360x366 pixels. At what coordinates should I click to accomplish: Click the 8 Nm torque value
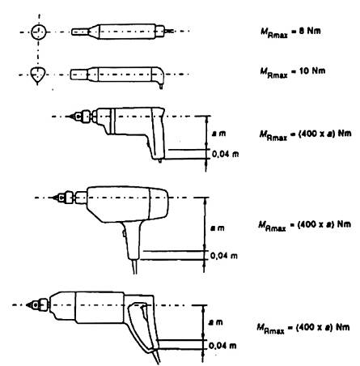pyautogui.click(x=310, y=31)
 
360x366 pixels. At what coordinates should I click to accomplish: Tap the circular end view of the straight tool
pyautogui.click(x=39, y=32)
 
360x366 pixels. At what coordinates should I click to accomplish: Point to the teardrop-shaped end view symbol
pyautogui.click(x=37, y=75)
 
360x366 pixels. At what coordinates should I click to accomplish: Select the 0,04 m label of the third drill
pyautogui.click(x=226, y=154)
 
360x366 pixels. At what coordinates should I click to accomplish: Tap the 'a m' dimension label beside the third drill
pyautogui.click(x=218, y=133)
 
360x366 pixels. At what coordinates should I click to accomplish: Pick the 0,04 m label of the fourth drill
pyautogui.click(x=224, y=255)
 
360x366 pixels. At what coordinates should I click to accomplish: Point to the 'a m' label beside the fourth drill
pyautogui.click(x=218, y=228)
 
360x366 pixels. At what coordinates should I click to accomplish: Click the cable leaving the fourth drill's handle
pyautogui.click(x=135, y=266)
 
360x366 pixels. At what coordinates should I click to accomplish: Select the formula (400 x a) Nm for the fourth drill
pyautogui.click(x=324, y=224)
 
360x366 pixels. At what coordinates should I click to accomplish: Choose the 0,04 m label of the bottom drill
pyautogui.click(x=222, y=346)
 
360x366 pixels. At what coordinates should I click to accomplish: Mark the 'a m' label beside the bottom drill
pyautogui.click(x=216, y=322)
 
